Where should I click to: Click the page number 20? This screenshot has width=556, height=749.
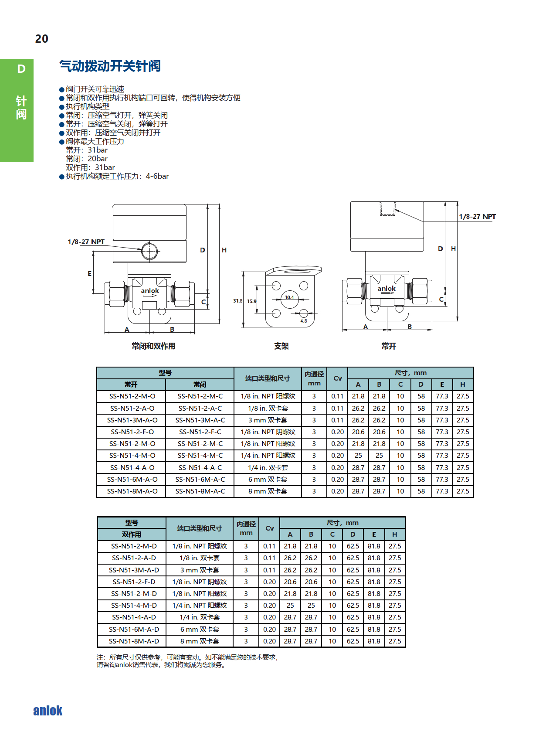point(42,39)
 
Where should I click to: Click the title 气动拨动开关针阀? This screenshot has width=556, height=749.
point(110,66)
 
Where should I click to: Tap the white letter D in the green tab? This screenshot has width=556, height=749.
point(21,69)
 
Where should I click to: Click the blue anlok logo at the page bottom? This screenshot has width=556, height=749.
point(48,711)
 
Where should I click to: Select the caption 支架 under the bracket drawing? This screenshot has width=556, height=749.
point(281,346)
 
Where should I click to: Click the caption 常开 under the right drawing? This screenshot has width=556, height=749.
point(388,346)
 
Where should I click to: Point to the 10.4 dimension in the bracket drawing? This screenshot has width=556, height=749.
point(289,297)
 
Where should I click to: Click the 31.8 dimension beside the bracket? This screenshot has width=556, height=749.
point(237,301)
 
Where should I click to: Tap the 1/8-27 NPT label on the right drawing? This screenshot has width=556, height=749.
point(477,217)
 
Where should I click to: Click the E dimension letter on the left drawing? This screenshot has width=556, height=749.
point(89,274)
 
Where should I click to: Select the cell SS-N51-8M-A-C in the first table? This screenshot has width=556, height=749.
point(200,491)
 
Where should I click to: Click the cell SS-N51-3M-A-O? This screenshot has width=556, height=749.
point(132,420)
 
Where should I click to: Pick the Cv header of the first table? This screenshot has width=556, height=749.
point(337,378)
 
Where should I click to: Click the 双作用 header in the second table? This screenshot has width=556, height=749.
point(131,534)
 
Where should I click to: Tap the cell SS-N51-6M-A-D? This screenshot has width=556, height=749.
point(134,629)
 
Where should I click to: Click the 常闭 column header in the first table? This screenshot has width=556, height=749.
point(200,384)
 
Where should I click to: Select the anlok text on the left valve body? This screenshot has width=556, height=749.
point(150,290)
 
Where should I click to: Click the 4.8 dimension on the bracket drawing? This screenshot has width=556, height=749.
point(303,321)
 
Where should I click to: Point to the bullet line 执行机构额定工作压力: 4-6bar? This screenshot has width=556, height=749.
point(117,176)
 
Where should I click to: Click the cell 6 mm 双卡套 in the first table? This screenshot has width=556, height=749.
point(268,479)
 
